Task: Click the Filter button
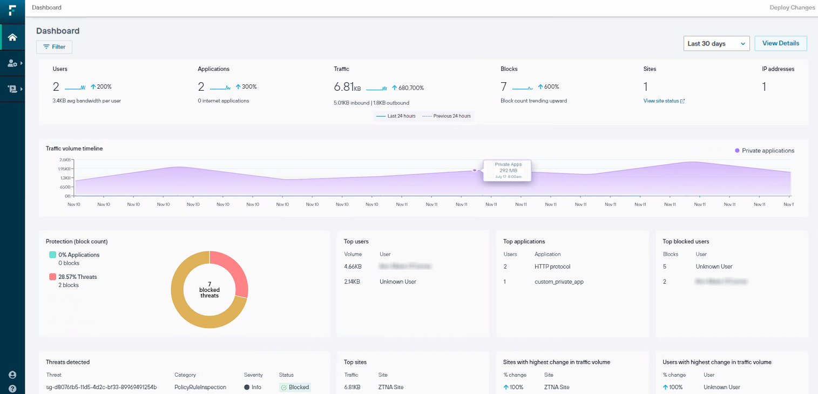[x=54, y=47]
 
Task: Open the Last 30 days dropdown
[x=716, y=43]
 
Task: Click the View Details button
[x=780, y=43]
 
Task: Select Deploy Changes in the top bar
[x=792, y=8]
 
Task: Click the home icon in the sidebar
[x=12, y=37]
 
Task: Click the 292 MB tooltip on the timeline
[x=507, y=170]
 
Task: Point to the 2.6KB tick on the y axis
[x=65, y=160]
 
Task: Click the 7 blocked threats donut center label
[x=209, y=290]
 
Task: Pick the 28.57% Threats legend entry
[x=77, y=277]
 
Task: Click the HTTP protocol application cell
[x=552, y=266]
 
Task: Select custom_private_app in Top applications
[x=559, y=282]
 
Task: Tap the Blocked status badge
[x=295, y=387]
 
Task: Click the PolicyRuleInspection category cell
[x=200, y=387]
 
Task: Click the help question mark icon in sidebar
[x=12, y=388]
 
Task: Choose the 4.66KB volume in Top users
[x=353, y=266]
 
